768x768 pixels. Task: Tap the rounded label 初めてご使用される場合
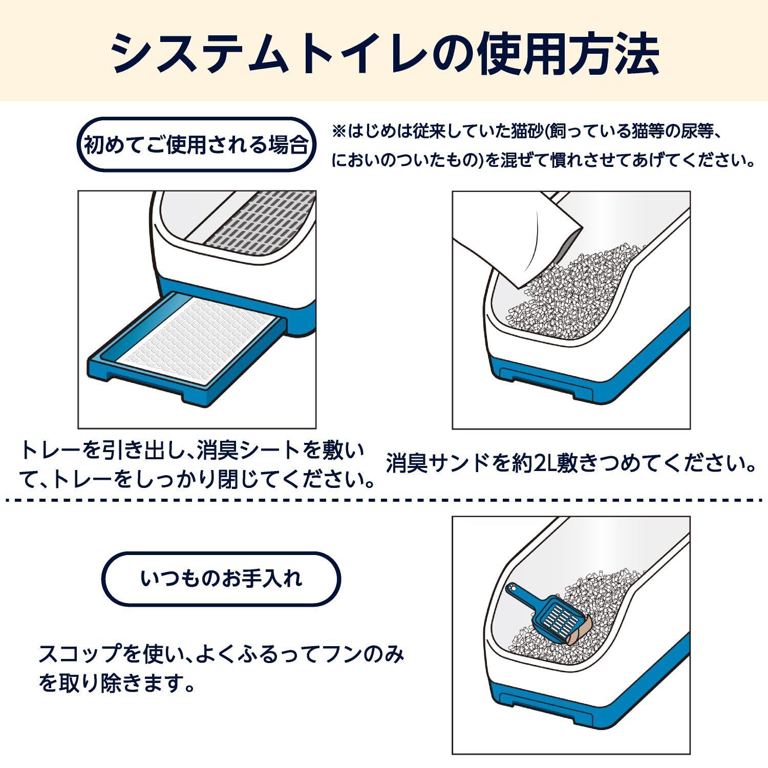click(x=196, y=145)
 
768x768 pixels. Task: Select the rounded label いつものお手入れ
click(x=222, y=579)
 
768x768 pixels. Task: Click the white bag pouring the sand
click(x=517, y=236)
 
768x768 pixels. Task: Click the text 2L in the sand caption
click(x=545, y=464)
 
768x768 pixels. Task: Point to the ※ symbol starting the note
click(x=339, y=133)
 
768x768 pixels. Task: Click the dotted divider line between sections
click(x=384, y=500)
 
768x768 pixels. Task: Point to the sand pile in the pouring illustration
click(x=568, y=297)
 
